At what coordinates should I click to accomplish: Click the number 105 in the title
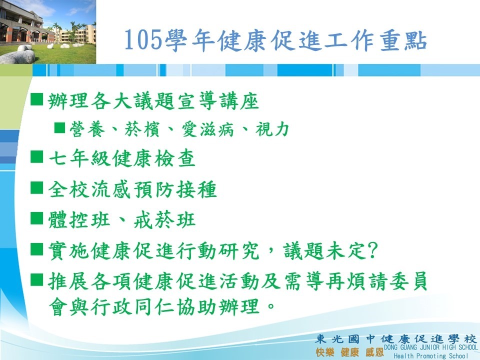point(143,40)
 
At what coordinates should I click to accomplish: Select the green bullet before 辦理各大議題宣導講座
point(36,99)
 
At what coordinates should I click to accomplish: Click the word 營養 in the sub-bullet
point(87,129)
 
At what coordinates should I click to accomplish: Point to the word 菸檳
point(141,129)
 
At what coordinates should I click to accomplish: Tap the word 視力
point(272,129)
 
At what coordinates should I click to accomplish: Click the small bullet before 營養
point(59,127)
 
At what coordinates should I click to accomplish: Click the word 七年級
point(79,158)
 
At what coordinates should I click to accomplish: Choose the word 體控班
point(79,219)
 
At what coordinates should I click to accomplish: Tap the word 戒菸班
point(164,219)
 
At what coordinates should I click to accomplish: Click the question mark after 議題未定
point(373,251)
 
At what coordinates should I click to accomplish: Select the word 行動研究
point(218,251)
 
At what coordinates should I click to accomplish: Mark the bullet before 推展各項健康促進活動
point(36,279)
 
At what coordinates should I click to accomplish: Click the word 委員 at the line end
point(408,281)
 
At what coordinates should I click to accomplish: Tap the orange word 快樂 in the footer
point(325,352)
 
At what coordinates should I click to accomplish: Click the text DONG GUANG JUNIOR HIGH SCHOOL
point(430,347)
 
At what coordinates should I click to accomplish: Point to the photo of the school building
point(48,32)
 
